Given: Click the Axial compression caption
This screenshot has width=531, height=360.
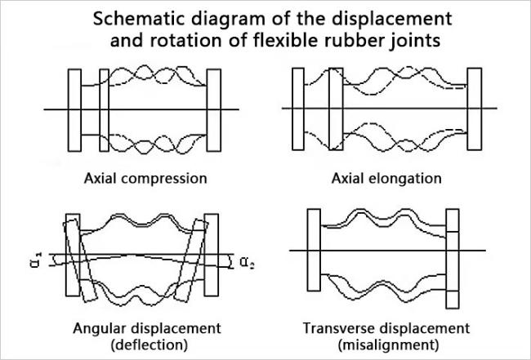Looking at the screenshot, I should (x=144, y=178).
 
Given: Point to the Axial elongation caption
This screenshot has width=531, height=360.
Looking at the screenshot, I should (x=387, y=178).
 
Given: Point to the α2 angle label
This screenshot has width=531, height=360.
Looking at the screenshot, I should (x=246, y=262).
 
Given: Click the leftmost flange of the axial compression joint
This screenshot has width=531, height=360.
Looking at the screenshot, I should (x=74, y=109).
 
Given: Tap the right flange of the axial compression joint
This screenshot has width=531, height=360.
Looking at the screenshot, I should (x=215, y=109).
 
